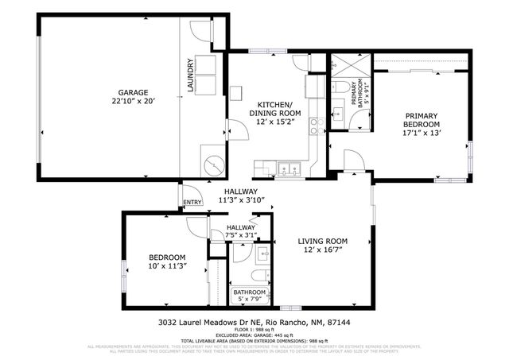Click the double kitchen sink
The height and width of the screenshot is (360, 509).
[287, 168]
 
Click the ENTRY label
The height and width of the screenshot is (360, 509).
[193, 203]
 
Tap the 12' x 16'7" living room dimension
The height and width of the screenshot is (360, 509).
[323, 251]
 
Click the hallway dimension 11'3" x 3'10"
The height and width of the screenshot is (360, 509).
[239, 201]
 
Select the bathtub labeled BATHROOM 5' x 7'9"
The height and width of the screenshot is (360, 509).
[250, 296]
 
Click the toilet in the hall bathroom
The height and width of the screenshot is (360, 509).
[258, 274]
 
